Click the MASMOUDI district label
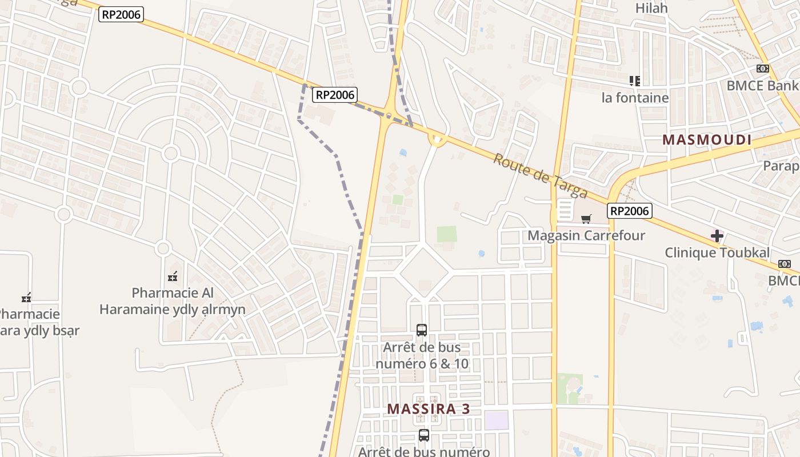pos(707,139)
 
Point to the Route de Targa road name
pos(541,176)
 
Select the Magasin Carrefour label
pos(586,235)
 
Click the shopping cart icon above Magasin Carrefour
pos(586,219)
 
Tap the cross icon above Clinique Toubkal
pos(717,236)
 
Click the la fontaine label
pos(635,98)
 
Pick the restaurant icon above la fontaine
pos(634,81)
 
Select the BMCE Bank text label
pos(762,86)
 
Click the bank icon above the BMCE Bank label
pos(762,69)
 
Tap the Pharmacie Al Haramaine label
pos(173,301)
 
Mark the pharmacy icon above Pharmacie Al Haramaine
pos(173,277)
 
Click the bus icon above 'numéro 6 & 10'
pos(422,330)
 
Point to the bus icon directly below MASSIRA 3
pos(423,435)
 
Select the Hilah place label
pos(651,8)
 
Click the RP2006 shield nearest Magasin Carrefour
pos(629,211)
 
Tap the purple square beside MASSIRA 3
pos(496,420)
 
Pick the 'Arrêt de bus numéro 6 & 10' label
pos(422,355)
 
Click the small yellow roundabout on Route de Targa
pos(437,139)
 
